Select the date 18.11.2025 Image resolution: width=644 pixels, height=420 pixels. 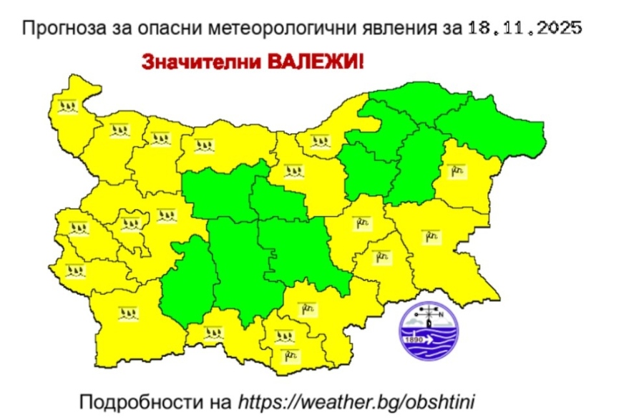[525, 29]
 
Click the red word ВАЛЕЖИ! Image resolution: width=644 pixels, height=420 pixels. [316, 62]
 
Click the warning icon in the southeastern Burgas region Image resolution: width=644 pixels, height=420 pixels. [430, 234]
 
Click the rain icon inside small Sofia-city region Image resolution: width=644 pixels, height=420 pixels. [130, 224]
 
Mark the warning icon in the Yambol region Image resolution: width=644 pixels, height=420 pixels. [382, 255]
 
